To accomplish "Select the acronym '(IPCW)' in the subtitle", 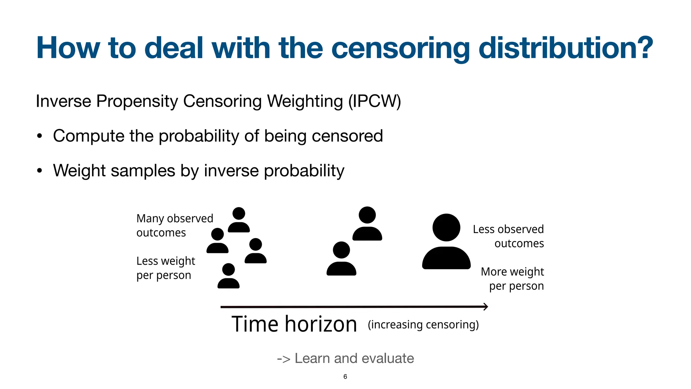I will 375,101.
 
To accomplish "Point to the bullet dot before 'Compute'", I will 40,136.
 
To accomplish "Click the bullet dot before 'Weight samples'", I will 40,171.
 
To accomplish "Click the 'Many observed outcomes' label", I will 174,226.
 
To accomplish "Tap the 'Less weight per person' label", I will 166,268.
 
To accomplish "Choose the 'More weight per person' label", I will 512,279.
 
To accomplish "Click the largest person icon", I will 446,242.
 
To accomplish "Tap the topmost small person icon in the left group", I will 239,220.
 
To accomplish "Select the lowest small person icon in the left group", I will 228,276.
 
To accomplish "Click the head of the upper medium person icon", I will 367,215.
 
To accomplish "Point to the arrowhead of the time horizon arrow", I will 486,307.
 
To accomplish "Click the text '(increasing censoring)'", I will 423,325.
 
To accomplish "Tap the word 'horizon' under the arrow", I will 321,325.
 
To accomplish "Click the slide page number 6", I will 345,377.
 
